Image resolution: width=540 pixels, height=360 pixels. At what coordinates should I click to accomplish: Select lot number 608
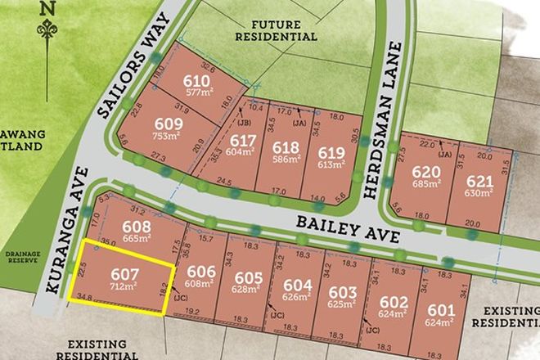(137, 226)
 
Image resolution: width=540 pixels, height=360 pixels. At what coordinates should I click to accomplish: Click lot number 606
(200, 272)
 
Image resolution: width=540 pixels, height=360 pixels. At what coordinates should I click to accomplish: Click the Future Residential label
(276, 30)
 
